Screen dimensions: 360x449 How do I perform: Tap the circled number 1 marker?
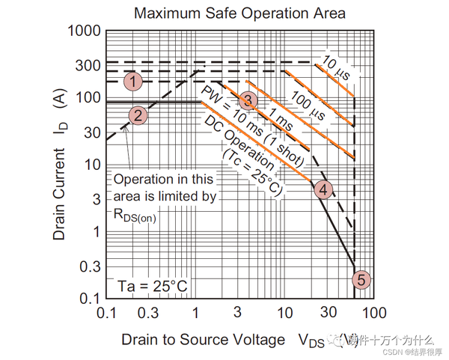point(133,81)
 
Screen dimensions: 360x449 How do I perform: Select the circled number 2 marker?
point(138,115)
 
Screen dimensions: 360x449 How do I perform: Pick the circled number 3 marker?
point(249,100)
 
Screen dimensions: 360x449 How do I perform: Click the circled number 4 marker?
point(323,189)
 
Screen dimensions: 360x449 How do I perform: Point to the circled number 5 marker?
point(361,281)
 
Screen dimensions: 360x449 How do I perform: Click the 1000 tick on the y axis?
point(82,31)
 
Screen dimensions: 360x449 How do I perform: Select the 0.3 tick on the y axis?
point(88,266)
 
